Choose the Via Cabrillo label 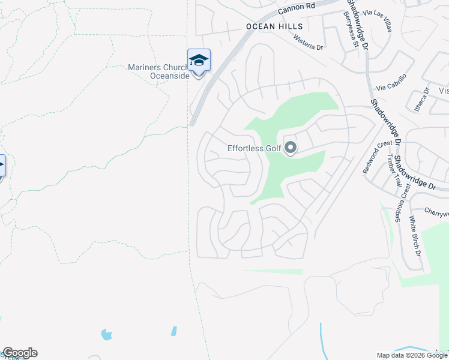tap(391, 82)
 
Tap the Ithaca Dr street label tap(426, 100)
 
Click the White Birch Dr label tap(415, 233)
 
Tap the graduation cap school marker tap(199, 61)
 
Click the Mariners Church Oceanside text tap(159, 71)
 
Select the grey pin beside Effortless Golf tap(291, 147)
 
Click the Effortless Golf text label tap(255, 148)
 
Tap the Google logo tap(20, 353)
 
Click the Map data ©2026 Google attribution tap(412, 355)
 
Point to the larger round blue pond tap(107, 334)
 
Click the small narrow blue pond tap(174, 331)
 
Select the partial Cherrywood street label tap(436, 212)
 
